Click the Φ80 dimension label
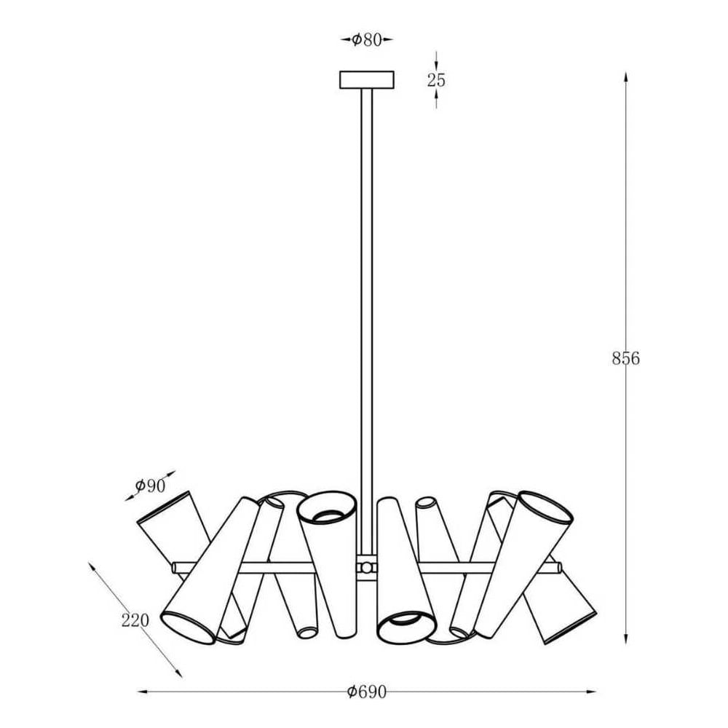(366, 40)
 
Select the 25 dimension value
(436, 80)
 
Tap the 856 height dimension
(625, 358)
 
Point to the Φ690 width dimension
(367, 692)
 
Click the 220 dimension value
(135, 620)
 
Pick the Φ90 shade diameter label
(150, 486)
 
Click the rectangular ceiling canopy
(367, 79)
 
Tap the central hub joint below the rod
(367, 567)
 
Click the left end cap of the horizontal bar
(175, 567)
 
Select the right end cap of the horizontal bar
(559, 567)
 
